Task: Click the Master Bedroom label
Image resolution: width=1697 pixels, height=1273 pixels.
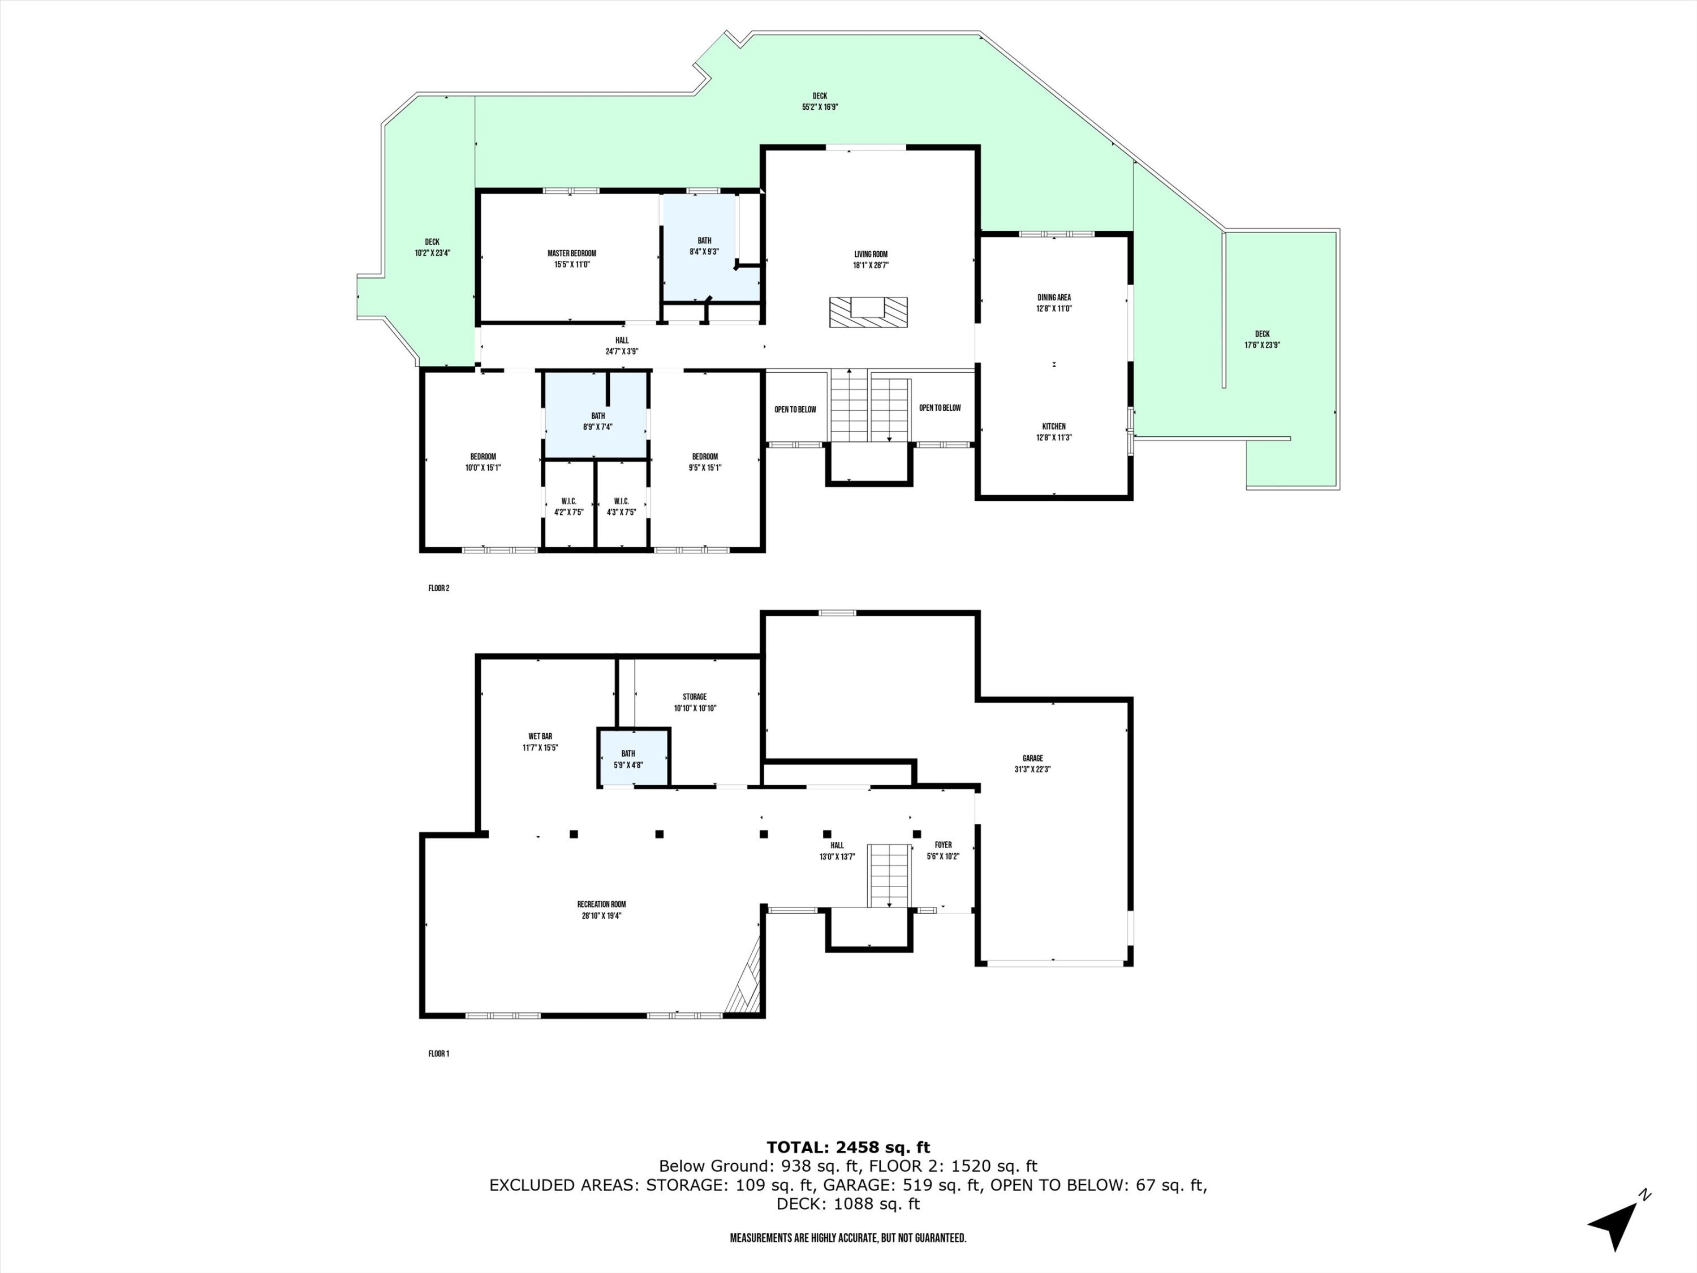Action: [x=571, y=254]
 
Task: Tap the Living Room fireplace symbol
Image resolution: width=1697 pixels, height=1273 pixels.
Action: [x=868, y=312]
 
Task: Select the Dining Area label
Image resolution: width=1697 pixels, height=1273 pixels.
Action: [x=1053, y=298]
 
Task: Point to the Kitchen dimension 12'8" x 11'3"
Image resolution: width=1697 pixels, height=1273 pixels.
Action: [x=1053, y=438]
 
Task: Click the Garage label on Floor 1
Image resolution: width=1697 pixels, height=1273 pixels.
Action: [x=1032, y=758]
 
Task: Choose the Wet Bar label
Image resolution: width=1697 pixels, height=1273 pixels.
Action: [x=540, y=737]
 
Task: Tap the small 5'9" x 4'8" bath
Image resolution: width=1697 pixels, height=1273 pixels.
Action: [x=633, y=758]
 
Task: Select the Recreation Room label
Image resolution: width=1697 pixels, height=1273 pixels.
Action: [x=601, y=905]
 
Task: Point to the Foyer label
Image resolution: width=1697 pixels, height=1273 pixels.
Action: [x=943, y=845]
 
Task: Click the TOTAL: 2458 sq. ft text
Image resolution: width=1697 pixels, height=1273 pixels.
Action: [x=848, y=1148]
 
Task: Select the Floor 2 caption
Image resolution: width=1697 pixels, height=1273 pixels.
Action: [x=439, y=588]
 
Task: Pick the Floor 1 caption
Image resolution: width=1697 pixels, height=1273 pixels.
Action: [x=439, y=1053]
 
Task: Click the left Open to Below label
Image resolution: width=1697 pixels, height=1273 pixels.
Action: [x=795, y=410]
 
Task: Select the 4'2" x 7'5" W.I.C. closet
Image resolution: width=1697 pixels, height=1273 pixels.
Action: [x=568, y=507]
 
